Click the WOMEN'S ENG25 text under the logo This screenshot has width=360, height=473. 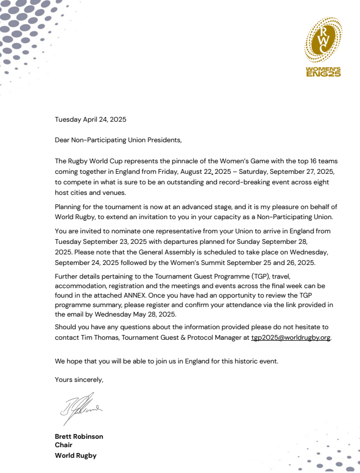click(x=323, y=72)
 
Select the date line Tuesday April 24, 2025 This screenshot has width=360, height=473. click(x=91, y=120)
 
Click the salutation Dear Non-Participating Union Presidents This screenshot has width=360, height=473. click(x=118, y=140)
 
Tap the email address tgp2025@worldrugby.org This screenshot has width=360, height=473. click(x=291, y=337)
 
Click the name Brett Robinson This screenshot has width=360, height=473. click(x=79, y=437)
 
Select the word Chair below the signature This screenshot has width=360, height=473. click(x=64, y=446)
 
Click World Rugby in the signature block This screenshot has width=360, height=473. click(x=76, y=456)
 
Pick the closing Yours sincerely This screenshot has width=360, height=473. click(x=79, y=379)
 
